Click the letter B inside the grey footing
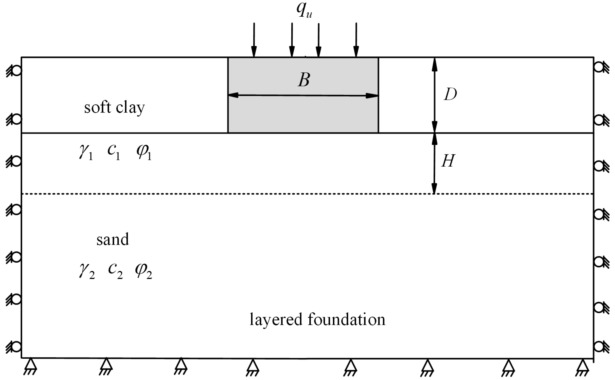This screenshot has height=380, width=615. (x=304, y=80)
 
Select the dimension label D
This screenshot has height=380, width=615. (x=450, y=95)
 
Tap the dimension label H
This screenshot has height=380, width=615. (x=448, y=161)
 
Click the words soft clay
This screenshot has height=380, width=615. (x=114, y=108)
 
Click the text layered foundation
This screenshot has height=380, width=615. (x=317, y=320)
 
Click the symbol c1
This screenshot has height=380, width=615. (x=114, y=152)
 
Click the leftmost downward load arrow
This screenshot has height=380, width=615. (x=254, y=40)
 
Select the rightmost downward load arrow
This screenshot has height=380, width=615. (x=356, y=40)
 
